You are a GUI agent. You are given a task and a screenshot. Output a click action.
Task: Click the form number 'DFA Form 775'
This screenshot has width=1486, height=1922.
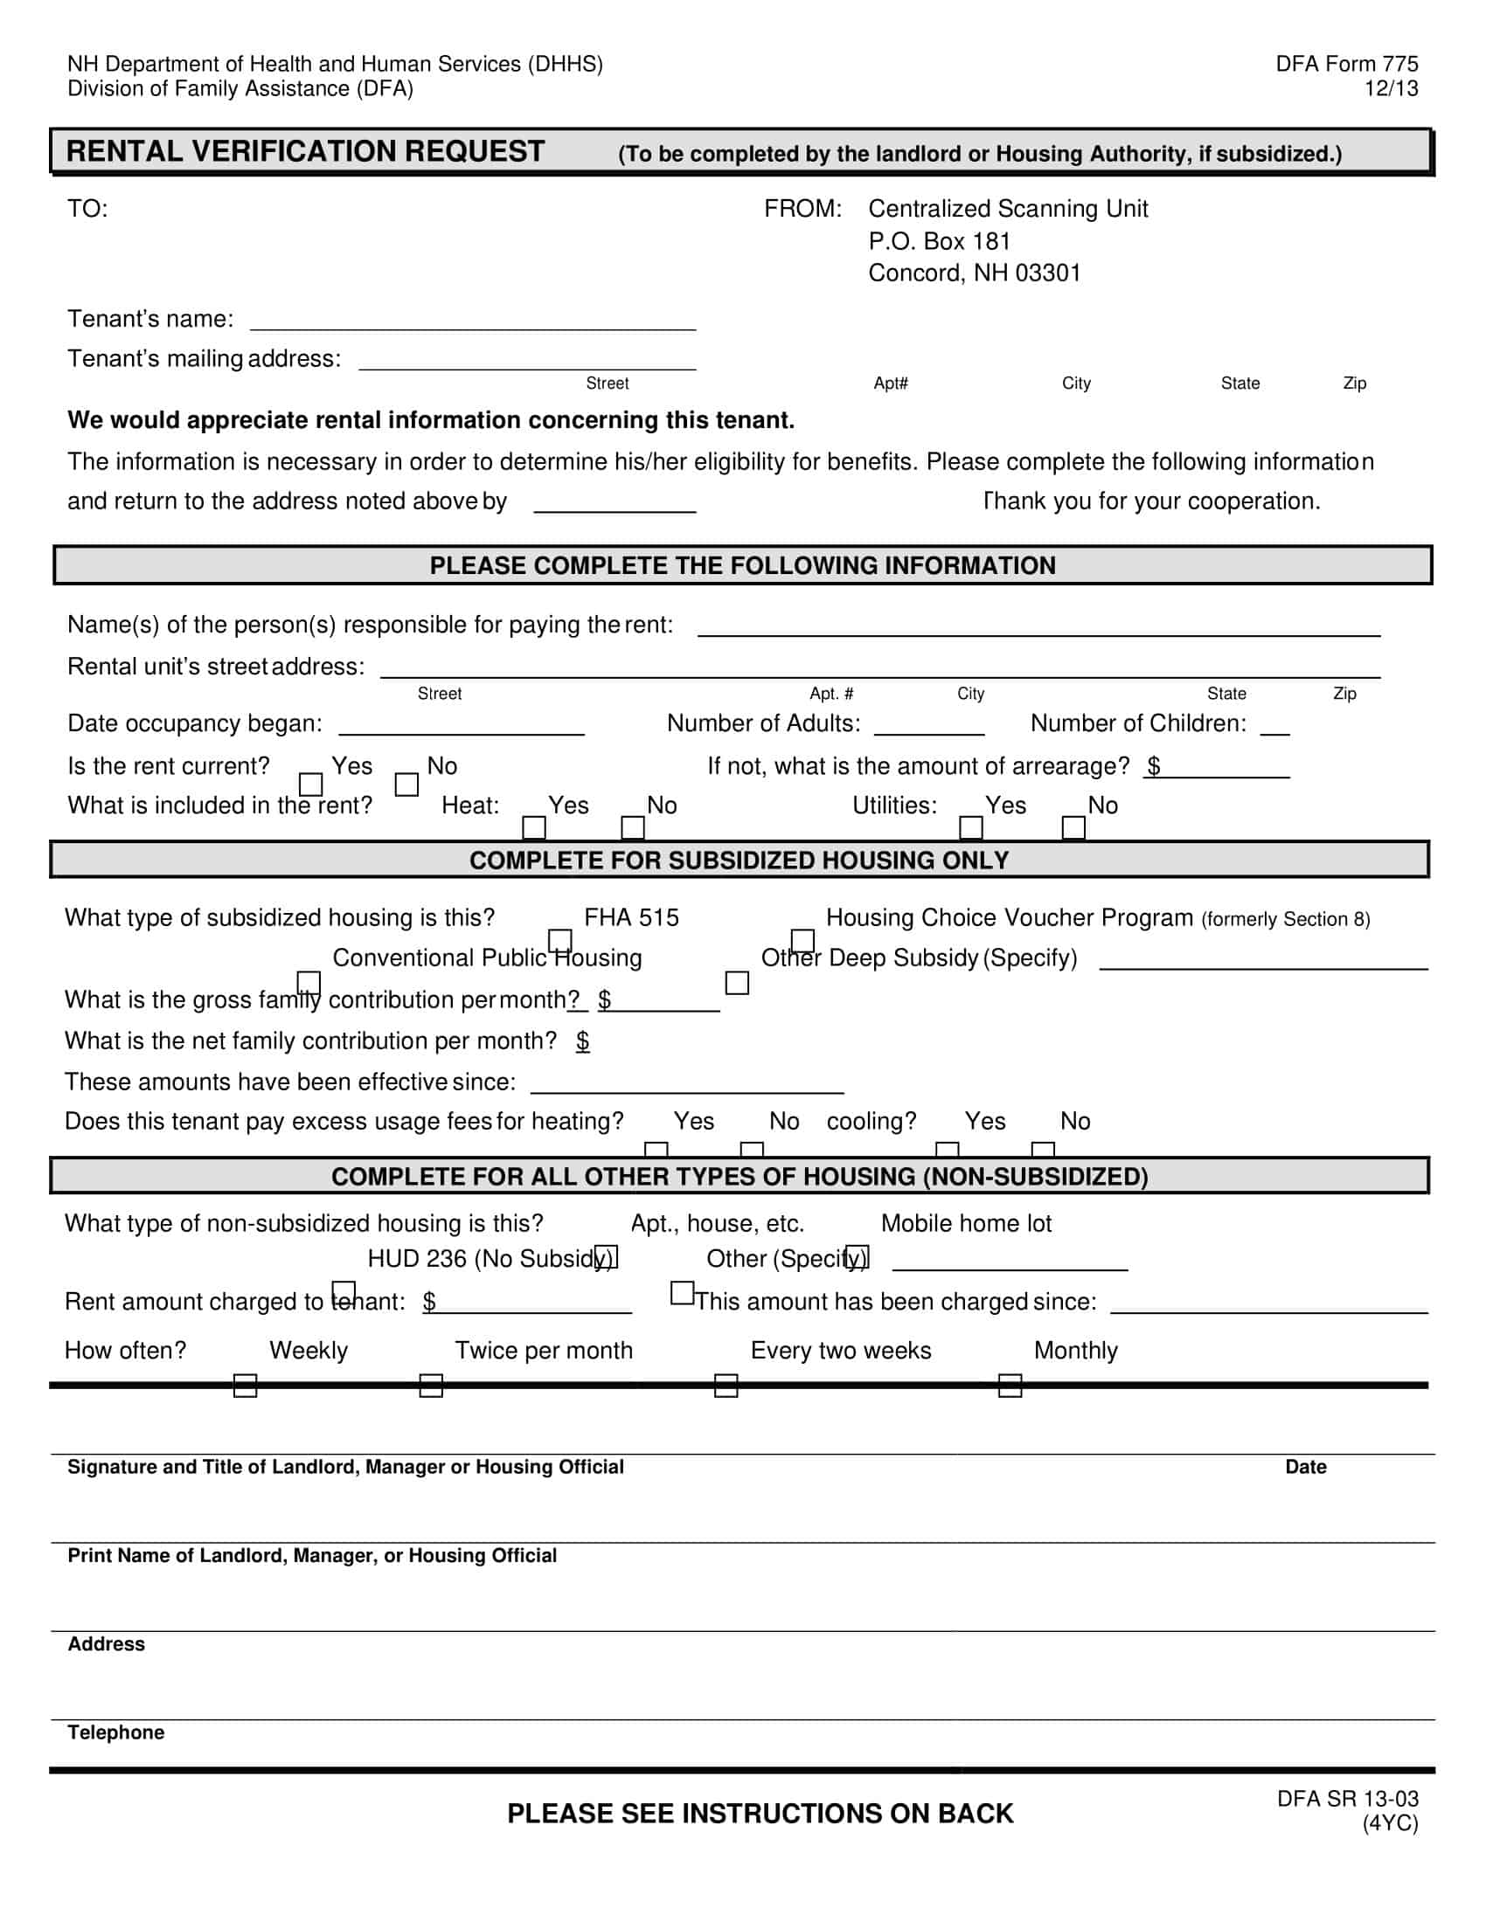click(x=1346, y=65)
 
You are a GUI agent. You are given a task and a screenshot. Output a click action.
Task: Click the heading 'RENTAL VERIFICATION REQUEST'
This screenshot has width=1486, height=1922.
click(x=305, y=151)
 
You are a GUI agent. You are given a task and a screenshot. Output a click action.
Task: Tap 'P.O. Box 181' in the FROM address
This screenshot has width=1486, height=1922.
click(x=939, y=241)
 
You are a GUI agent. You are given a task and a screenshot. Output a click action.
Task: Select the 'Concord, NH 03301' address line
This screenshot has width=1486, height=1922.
click(x=974, y=273)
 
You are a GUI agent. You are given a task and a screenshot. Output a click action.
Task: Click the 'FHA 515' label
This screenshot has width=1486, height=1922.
click(x=631, y=918)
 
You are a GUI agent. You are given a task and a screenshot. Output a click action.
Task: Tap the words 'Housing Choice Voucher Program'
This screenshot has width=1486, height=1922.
click(x=1009, y=918)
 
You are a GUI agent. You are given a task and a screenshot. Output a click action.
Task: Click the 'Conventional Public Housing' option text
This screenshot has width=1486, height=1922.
click(x=487, y=958)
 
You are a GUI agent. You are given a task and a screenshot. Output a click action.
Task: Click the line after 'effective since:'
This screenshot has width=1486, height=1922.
click(x=687, y=1085)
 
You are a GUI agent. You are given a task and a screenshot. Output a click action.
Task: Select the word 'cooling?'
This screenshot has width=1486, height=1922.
click(x=871, y=1121)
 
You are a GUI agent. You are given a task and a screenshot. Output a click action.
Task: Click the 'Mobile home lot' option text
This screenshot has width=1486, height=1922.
click(x=966, y=1223)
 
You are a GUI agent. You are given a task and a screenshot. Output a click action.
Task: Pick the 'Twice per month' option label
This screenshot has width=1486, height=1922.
click(x=543, y=1350)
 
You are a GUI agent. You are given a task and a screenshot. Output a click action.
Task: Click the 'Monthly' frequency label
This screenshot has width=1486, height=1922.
click(x=1075, y=1350)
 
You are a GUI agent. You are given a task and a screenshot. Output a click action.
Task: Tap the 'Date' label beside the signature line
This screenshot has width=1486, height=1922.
click(x=1305, y=1467)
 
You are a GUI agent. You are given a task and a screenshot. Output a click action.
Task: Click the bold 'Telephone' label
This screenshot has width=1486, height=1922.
click(x=116, y=1732)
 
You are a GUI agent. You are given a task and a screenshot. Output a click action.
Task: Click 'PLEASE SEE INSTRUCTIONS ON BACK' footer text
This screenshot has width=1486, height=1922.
click(x=760, y=1814)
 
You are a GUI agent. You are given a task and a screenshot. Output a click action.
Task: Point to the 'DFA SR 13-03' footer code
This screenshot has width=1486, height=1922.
click(x=1347, y=1799)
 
